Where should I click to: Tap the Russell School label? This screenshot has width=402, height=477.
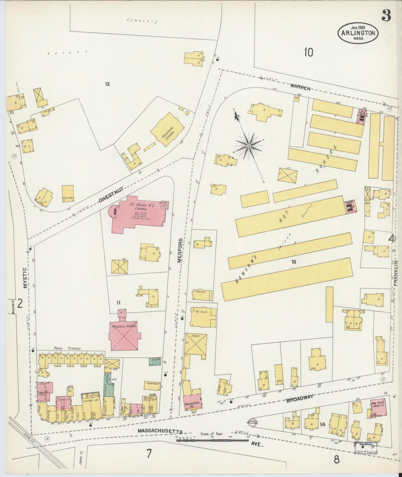coord(124,326)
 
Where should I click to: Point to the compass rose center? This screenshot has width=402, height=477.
coord(249,145)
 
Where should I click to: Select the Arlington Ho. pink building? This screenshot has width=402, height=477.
coord(192,403)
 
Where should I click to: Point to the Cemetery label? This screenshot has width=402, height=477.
coord(142,21)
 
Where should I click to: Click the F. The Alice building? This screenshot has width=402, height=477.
coord(203,317)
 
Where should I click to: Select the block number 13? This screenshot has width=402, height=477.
coord(294,262)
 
